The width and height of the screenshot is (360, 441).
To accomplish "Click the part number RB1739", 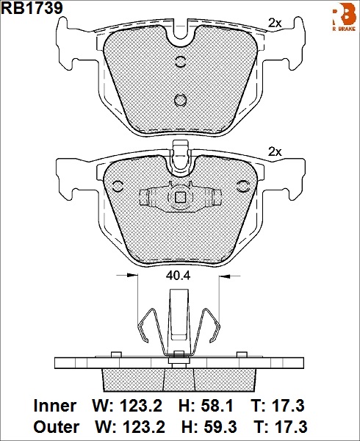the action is (x=32, y=8).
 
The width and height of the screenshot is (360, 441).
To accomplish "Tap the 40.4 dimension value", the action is (x=179, y=276).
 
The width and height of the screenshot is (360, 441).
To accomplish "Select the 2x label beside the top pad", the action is (x=275, y=23).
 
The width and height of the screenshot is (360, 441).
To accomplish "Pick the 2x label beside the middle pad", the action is (x=275, y=152).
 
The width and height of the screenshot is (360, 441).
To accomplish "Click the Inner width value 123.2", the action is (x=141, y=406).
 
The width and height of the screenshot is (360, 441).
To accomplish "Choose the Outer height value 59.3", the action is (x=221, y=427).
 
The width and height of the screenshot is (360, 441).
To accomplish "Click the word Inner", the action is (x=55, y=406).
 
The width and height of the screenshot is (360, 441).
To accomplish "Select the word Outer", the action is (x=57, y=427).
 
